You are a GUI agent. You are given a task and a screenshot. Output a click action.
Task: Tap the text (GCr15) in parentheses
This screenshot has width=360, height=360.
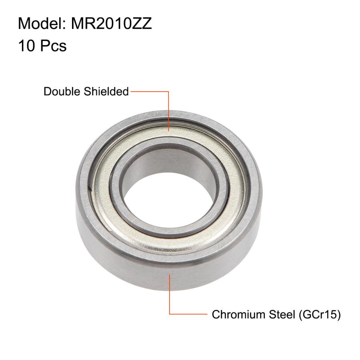pyautogui.click(x=319, y=314)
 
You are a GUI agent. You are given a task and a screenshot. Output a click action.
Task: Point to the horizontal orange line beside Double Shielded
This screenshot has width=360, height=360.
pyautogui.click(x=149, y=92)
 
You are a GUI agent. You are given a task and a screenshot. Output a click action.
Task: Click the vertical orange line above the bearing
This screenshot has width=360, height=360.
pyautogui.click(x=168, y=110)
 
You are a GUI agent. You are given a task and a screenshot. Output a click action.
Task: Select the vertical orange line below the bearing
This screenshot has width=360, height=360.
pyautogui.click(x=170, y=294)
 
